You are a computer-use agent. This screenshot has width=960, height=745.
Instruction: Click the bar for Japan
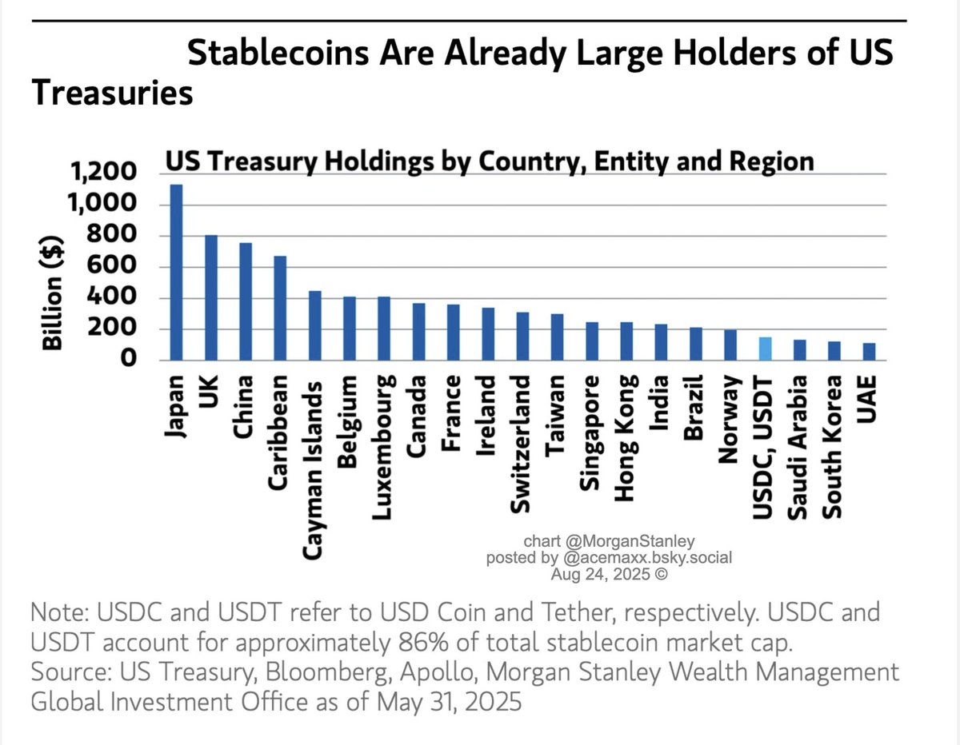pyautogui.click(x=176, y=272)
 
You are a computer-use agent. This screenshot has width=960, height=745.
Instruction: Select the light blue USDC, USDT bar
pyautogui.click(x=765, y=349)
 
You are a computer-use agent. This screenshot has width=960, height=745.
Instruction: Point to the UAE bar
pyautogui.click(x=869, y=352)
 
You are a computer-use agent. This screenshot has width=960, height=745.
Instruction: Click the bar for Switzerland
pyautogui.click(x=522, y=336)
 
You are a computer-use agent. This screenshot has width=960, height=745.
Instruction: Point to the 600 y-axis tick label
pyautogui.click(x=114, y=267)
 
